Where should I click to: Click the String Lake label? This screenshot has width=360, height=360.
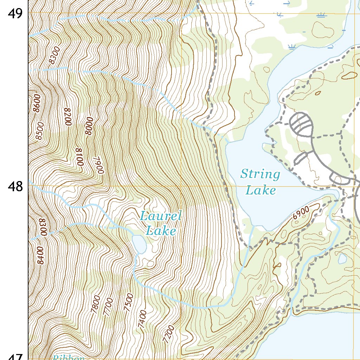point(261,182)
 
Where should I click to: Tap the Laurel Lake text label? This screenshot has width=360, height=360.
point(161,223)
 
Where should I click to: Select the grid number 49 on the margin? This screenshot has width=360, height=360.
point(15,14)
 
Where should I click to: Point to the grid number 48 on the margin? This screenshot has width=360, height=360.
point(15,186)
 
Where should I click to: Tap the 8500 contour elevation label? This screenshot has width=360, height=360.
point(40,131)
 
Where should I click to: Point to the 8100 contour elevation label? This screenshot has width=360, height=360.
point(79,157)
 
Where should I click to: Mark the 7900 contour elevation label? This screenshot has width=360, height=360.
point(99,165)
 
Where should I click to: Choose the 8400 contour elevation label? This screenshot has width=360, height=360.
point(40,255)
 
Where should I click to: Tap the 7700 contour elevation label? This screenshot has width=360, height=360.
point(108,306)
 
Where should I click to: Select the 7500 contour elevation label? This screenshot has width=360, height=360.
point(129,302)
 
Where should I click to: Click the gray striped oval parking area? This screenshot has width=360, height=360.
point(301,124)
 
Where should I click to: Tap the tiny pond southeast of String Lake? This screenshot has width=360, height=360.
point(342,259)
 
